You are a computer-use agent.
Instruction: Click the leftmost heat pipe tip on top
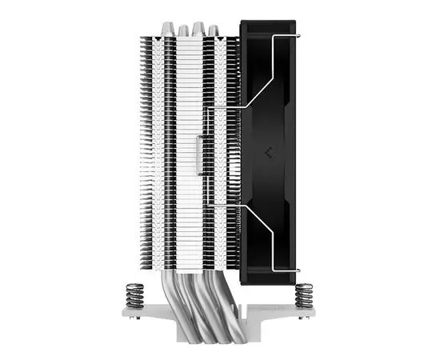[166, 30]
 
